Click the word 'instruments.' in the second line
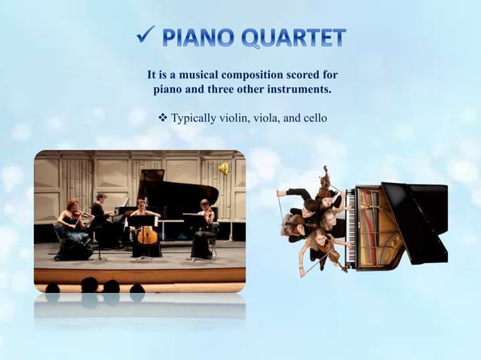[x=299, y=90]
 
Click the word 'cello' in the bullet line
[x=314, y=118]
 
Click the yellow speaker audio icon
[x=223, y=169]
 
